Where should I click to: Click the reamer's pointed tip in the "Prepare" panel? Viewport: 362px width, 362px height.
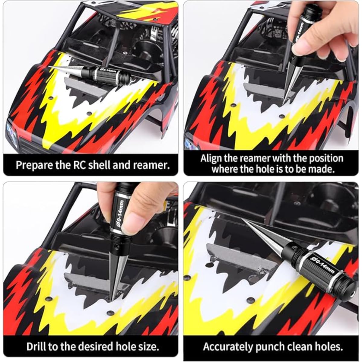click(49, 67)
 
